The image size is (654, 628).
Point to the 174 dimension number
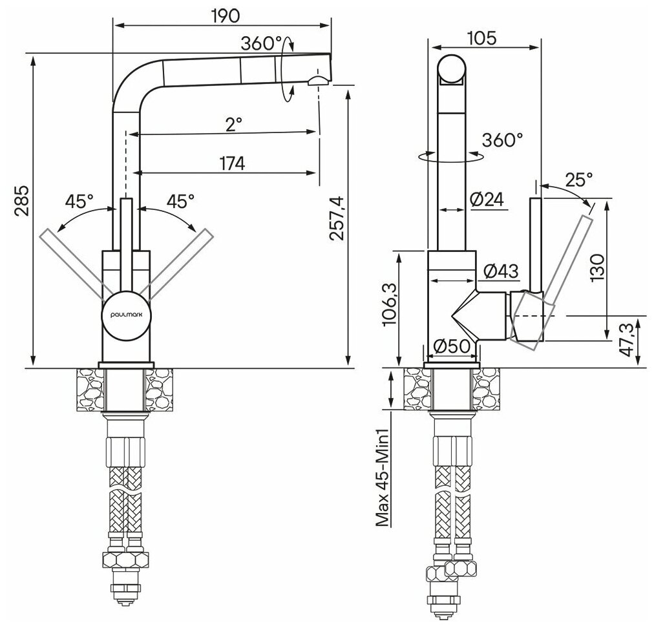click(x=231, y=164)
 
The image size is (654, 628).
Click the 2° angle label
click(x=233, y=123)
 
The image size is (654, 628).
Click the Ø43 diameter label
click(x=499, y=271)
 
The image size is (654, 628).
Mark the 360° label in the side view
click(x=503, y=140)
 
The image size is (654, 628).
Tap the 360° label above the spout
click(x=261, y=44)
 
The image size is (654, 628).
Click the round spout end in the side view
click(x=452, y=70)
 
